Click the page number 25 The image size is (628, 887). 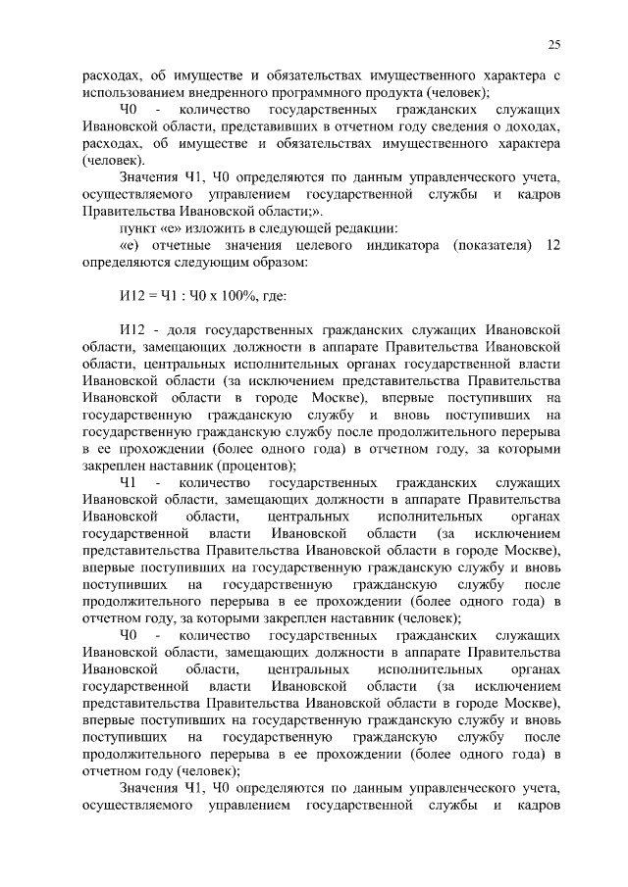pos(553,44)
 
